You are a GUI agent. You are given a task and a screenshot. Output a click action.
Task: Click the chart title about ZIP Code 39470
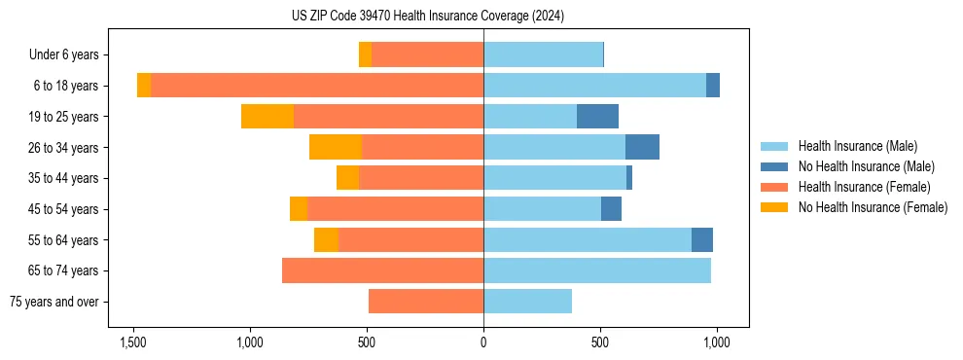[427, 17]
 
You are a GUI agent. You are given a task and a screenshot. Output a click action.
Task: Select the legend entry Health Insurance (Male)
[857, 146]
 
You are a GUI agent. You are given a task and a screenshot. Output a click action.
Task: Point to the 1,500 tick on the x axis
[133, 342]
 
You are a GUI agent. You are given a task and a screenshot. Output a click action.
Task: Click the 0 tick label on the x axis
[483, 342]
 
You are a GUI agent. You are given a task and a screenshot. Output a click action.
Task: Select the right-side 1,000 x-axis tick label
[717, 342]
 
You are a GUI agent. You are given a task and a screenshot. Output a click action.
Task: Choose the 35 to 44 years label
[64, 179]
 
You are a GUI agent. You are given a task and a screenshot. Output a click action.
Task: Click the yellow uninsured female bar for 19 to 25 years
[267, 117]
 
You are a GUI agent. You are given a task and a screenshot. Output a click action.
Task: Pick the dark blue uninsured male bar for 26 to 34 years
[642, 148]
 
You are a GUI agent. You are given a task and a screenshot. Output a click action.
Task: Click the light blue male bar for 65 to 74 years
[597, 270]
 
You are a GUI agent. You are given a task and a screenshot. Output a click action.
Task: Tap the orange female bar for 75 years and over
[426, 302]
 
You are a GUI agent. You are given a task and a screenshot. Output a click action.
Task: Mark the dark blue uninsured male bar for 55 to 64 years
[702, 240]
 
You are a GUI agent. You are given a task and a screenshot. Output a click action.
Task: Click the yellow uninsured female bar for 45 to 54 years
[299, 209]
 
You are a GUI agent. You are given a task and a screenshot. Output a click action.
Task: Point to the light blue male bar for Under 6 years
[543, 55]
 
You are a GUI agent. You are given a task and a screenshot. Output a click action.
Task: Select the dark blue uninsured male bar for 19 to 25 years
[597, 117]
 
